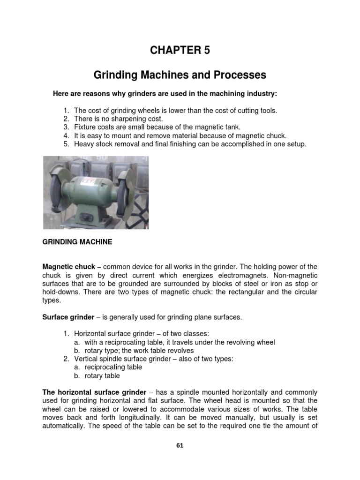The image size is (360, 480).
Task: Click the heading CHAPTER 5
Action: click(180, 51)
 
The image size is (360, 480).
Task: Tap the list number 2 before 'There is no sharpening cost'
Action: click(66, 119)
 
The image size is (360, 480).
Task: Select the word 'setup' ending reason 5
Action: click(294, 144)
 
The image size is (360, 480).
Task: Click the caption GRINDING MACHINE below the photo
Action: click(77, 242)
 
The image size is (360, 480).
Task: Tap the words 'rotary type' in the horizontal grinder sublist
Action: click(102, 351)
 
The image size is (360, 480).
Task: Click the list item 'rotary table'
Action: click(102, 376)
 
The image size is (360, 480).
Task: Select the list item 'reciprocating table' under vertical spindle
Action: click(113, 367)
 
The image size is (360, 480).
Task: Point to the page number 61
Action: click(180, 446)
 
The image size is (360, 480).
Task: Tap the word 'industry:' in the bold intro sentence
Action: click(261, 94)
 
